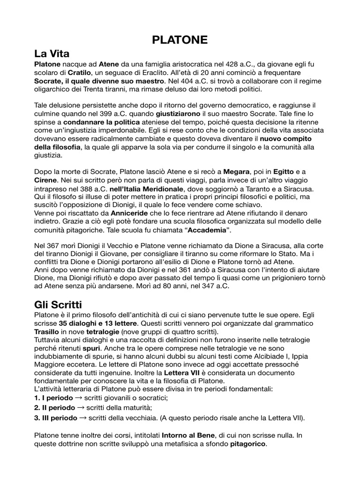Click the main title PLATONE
(180, 40)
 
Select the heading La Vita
(52, 54)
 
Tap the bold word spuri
(90, 350)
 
